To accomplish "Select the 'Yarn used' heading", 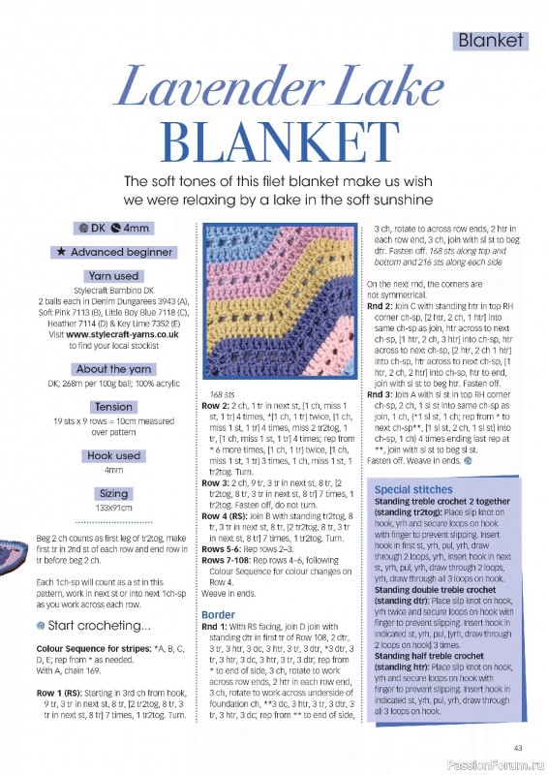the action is (x=113, y=275).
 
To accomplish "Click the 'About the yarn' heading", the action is (x=113, y=368).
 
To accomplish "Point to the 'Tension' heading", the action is (x=113, y=407).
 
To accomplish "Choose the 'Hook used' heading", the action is (x=113, y=455).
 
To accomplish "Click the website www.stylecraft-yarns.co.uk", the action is (x=122, y=333).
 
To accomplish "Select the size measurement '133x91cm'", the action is (x=113, y=507).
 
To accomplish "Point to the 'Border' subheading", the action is (x=218, y=614).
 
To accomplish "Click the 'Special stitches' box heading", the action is (x=412, y=490).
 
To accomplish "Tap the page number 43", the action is (x=519, y=746).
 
